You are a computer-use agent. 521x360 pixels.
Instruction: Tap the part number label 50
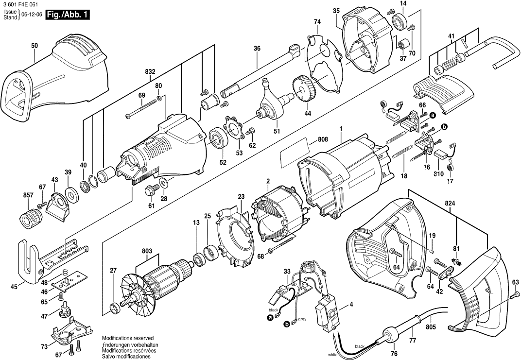34,46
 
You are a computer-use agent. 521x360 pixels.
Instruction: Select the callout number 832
150,71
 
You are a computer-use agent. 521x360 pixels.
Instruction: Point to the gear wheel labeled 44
304,88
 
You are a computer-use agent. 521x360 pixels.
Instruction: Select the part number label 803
147,251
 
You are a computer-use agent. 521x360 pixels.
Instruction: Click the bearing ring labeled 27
115,308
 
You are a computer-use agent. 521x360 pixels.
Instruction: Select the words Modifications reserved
127,338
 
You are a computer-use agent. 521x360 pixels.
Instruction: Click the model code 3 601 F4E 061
19,4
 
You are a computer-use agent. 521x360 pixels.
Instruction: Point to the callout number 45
14,287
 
